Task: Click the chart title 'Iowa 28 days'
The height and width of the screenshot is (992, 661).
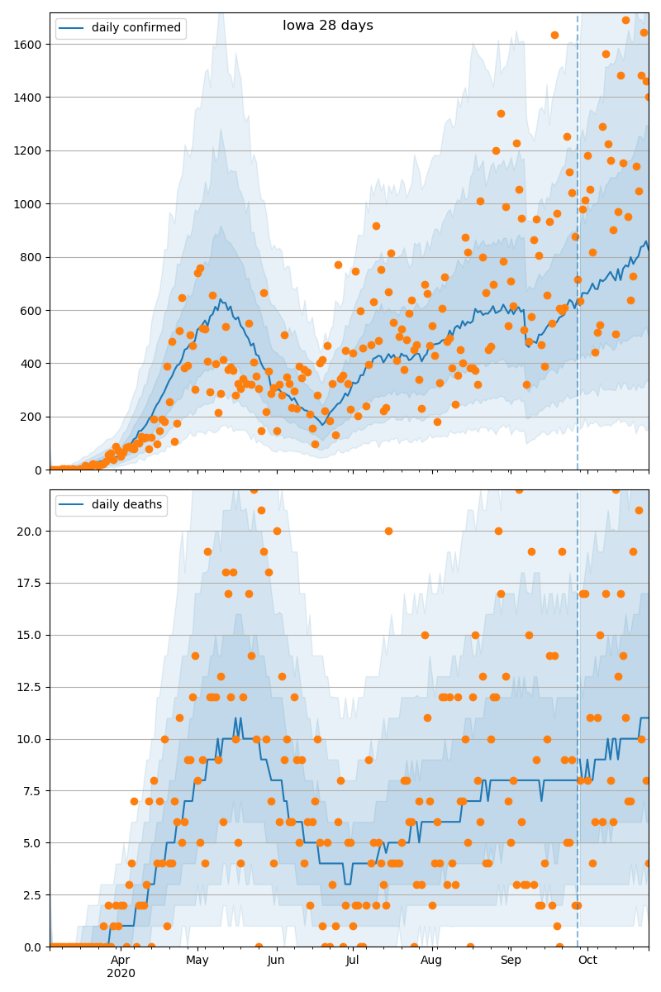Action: pos(328,26)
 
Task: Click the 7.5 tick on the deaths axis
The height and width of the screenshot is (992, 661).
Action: pos(33,791)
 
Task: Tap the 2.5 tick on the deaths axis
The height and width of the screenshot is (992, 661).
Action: pos(33,895)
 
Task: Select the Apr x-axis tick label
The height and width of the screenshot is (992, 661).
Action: pos(121,961)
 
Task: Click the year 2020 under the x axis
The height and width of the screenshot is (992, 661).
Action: pos(121,974)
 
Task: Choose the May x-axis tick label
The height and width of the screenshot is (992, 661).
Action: pos(197,961)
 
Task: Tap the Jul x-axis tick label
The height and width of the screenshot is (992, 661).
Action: pos(353,961)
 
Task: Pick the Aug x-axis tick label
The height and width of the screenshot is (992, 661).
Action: pos(431,961)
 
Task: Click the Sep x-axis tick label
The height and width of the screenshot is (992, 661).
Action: pos(511,961)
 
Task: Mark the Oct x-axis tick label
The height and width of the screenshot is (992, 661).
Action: pos(587,961)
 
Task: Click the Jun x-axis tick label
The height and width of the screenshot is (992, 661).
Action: pos(276,961)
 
